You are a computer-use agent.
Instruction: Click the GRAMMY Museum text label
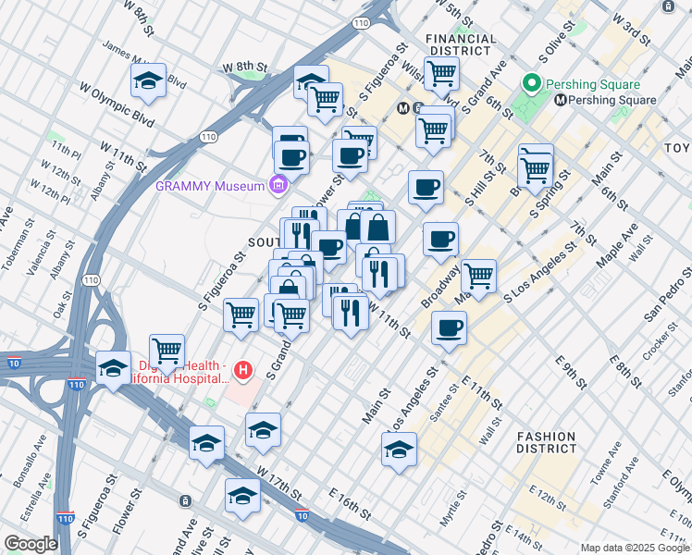(x=210, y=186)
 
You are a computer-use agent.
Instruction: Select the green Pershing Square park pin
(x=531, y=84)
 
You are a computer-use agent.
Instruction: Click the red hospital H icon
(x=243, y=371)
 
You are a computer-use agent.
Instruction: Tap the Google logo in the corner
(x=31, y=544)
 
